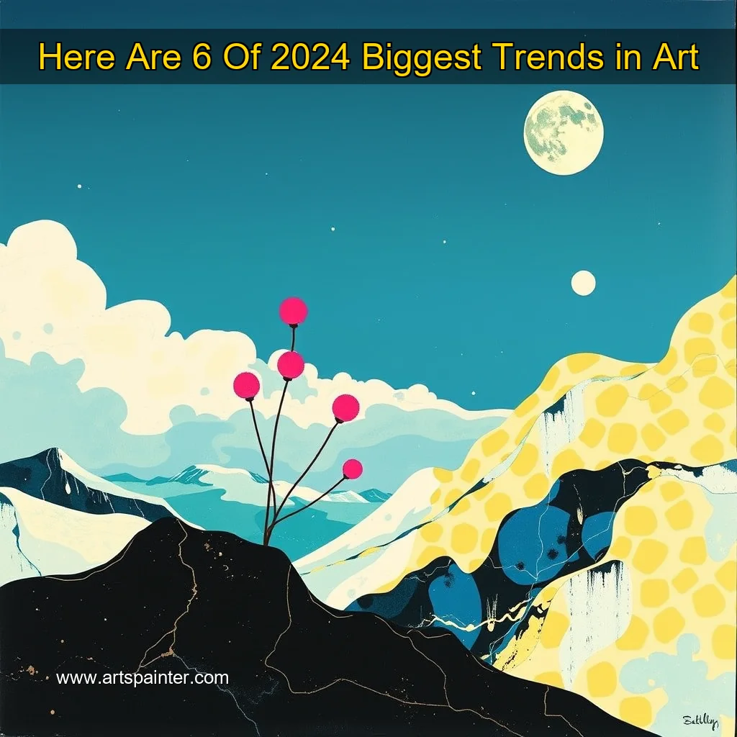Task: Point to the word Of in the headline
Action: pos(243,57)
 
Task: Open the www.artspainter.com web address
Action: pos(143,677)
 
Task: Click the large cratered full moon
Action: pos(564,132)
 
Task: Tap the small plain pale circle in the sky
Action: pos(584,283)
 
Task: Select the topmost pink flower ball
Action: pos(293,311)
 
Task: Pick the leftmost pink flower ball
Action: pos(247,385)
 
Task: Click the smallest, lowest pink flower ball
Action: pos(352,469)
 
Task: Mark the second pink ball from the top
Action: pos(291,365)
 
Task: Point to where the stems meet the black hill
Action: pos(268,540)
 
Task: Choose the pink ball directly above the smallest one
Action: pos(345,408)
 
